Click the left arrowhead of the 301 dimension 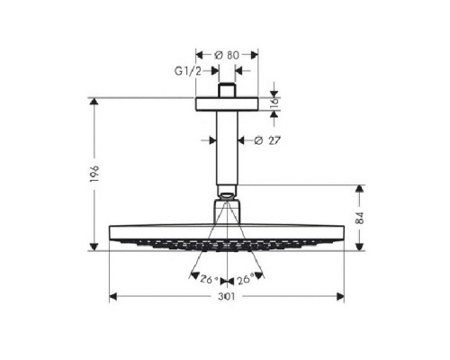(x=112, y=295)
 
